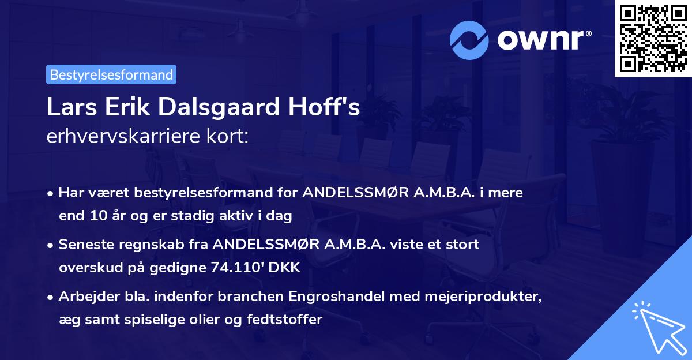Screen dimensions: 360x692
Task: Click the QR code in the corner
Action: pos(653,39)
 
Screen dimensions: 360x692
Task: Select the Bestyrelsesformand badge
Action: pos(111,74)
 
